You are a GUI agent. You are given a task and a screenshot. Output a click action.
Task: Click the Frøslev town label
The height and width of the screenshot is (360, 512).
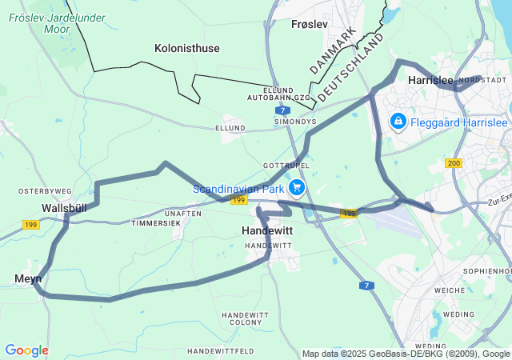(310, 24)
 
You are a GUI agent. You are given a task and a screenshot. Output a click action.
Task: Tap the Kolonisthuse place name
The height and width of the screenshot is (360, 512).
(187, 48)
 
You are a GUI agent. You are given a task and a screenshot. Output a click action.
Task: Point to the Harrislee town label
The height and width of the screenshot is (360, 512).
(430, 81)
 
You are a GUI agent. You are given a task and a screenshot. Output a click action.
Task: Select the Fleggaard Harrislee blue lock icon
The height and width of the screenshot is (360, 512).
(397, 122)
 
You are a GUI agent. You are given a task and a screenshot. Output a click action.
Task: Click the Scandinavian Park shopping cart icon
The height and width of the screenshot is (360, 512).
(297, 189)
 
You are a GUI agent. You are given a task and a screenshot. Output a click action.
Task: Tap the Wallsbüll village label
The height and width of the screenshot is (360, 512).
(64, 208)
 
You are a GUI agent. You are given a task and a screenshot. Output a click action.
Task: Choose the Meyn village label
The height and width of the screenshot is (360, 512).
(27, 278)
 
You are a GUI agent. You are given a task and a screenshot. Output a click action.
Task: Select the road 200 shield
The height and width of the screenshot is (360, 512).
(454, 163)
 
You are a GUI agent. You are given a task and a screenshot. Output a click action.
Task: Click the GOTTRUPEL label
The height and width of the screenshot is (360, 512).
(280, 165)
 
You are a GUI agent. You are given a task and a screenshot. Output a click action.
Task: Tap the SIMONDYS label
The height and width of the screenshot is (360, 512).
(295, 122)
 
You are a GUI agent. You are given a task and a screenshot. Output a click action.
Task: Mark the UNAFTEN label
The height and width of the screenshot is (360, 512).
(183, 214)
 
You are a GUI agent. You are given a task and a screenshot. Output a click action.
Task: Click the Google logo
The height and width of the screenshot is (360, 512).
(26, 350)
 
